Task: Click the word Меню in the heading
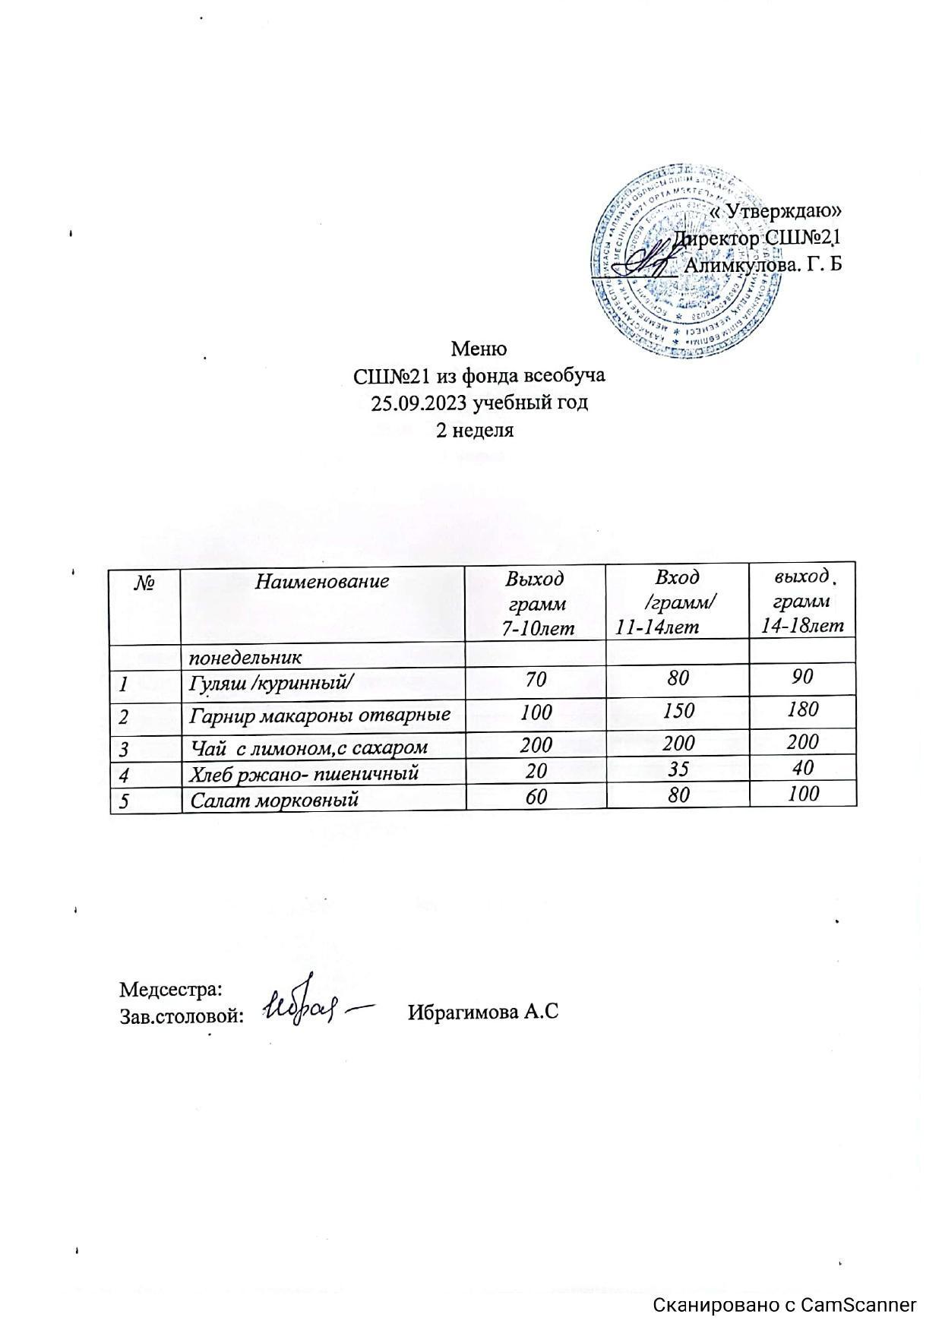click(x=479, y=349)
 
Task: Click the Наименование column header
click(x=322, y=582)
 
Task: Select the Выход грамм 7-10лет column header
click(x=536, y=603)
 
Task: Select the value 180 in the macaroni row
click(x=803, y=710)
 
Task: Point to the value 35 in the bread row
click(x=678, y=770)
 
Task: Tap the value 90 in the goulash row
click(x=802, y=676)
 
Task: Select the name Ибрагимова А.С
click(x=483, y=1012)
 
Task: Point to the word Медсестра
click(x=171, y=990)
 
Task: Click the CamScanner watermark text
click(x=786, y=1305)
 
